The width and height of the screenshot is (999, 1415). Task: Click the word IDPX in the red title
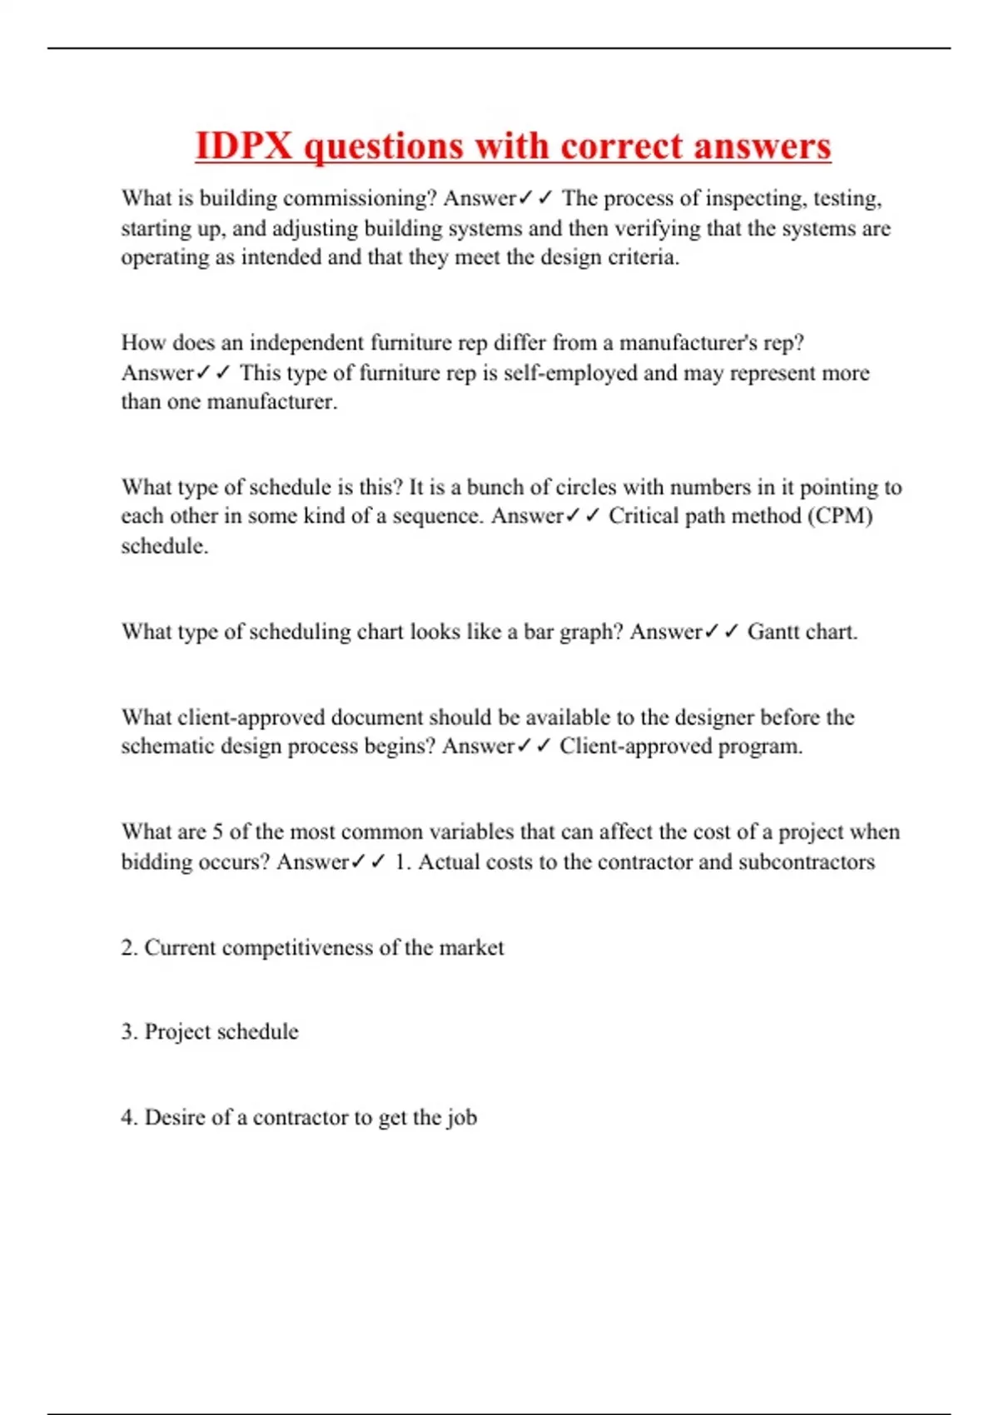pos(244,146)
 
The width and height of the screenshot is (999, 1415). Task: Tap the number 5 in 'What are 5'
pos(217,832)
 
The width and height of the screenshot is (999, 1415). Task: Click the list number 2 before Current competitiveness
pos(128,948)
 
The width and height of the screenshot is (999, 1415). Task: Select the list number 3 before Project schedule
pos(128,1032)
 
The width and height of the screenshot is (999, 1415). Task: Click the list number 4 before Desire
pos(128,1117)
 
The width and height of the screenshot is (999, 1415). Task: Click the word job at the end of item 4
pos(461,1117)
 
